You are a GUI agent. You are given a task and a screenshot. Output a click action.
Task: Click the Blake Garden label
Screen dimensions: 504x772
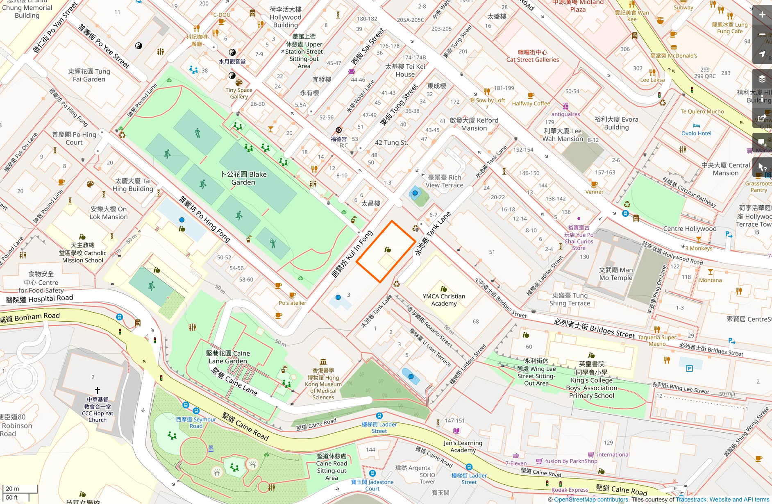coord(243,178)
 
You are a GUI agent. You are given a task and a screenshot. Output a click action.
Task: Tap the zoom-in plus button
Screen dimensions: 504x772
coord(762,15)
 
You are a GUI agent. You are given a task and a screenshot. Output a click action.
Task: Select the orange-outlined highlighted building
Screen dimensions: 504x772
coord(386,252)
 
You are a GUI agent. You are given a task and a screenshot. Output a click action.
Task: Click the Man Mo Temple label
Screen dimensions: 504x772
coord(615,274)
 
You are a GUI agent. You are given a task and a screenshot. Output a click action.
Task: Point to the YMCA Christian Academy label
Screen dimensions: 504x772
coord(444,300)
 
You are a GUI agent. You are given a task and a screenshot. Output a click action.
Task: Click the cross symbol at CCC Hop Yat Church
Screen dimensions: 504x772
coord(98,390)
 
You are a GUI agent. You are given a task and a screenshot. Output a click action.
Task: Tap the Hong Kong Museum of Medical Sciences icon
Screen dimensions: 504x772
coord(323,362)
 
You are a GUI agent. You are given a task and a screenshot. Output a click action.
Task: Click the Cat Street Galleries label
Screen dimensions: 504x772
coord(532,56)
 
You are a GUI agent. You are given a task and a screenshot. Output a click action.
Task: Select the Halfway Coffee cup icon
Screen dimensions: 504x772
coord(531,96)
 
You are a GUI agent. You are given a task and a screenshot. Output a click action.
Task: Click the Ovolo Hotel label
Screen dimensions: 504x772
coord(696,133)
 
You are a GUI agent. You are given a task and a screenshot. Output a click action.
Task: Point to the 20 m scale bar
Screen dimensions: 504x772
coord(20,488)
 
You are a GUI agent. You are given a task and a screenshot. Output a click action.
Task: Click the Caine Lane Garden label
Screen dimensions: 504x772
coord(228,357)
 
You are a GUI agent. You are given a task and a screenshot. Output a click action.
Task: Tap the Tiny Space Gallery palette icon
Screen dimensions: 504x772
coord(239,83)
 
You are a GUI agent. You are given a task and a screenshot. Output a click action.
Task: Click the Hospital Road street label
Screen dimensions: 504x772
coord(40,299)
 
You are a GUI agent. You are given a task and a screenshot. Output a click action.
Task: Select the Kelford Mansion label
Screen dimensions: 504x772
coord(474,124)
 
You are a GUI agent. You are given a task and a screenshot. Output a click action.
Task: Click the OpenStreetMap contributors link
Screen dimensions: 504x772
coord(591,499)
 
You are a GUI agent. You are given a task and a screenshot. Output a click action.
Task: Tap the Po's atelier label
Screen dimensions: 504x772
coord(292,303)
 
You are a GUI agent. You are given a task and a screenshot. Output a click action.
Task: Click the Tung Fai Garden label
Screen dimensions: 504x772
coord(89,75)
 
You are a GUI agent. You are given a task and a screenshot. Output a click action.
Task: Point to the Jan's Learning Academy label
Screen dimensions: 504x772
coord(463,446)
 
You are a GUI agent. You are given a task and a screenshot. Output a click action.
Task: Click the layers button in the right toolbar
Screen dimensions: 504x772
coord(762,79)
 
